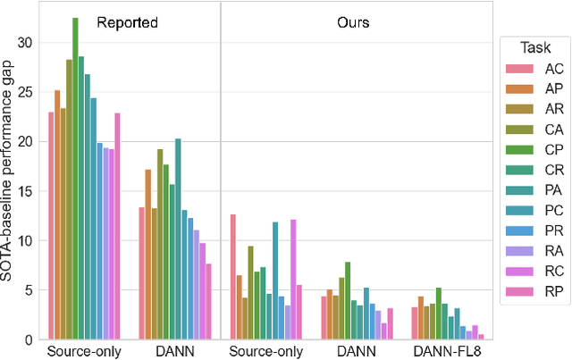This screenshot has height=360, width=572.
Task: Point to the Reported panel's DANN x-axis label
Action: (x=173, y=351)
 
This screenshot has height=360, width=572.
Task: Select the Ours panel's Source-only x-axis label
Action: (x=265, y=351)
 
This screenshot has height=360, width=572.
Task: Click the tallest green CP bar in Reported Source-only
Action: (x=75, y=179)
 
